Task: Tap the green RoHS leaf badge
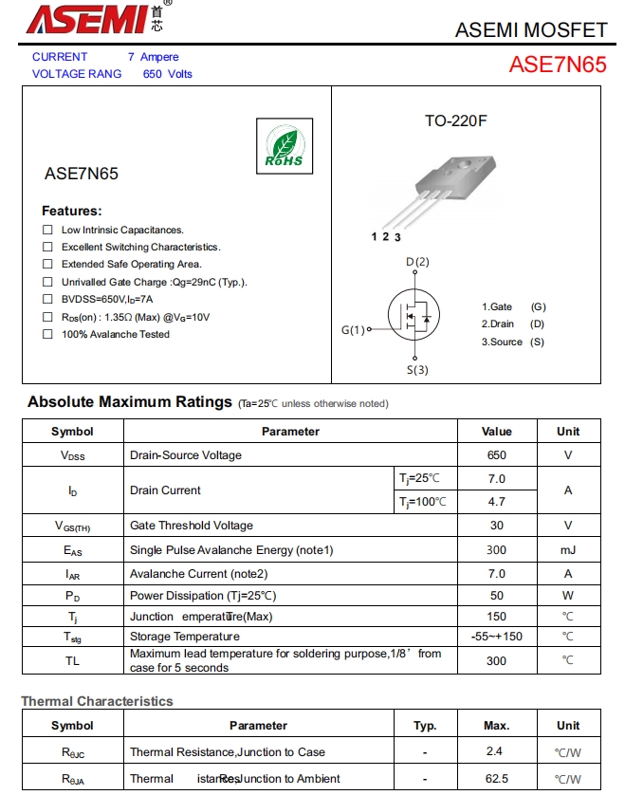click(x=284, y=147)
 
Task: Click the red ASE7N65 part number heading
click(x=558, y=65)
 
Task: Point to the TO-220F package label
click(x=455, y=121)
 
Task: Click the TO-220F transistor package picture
click(x=443, y=188)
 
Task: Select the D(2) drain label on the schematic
click(x=417, y=262)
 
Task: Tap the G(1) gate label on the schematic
click(x=353, y=330)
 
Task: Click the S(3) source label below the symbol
click(x=417, y=370)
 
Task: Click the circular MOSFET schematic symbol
click(x=414, y=314)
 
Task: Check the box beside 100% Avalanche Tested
click(x=47, y=334)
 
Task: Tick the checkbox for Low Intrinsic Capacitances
click(x=47, y=230)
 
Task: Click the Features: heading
click(x=71, y=211)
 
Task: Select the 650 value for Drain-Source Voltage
click(x=497, y=455)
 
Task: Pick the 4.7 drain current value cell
click(x=497, y=502)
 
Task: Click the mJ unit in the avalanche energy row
click(x=568, y=550)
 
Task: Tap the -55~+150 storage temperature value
click(x=497, y=637)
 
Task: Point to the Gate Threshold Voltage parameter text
click(x=192, y=526)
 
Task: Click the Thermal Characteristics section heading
click(x=98, y=701)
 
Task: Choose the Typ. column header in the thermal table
click(x=425, y=726)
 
